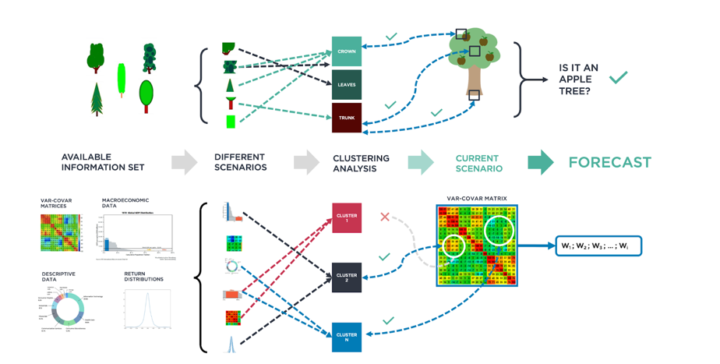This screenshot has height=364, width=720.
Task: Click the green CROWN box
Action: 347,51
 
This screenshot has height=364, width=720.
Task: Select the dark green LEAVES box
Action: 347,85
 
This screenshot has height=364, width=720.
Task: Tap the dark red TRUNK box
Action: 347,118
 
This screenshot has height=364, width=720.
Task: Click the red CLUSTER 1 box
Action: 347,218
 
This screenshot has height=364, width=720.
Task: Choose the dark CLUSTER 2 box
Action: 347,277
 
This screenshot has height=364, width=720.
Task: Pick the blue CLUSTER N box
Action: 347,337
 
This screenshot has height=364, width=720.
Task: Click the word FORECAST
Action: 609,163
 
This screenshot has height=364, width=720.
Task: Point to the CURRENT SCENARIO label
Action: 478,164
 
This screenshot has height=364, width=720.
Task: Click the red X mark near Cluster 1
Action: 384,217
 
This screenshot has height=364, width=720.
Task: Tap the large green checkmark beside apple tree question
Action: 619,77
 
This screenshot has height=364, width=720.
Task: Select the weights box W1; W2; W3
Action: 598,246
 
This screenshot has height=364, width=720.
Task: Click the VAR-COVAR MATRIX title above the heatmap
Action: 477,199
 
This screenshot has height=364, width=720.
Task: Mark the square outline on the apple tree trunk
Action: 474,96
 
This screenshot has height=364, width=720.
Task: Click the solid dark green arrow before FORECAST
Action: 540,163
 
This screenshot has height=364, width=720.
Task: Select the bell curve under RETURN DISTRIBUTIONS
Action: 146,309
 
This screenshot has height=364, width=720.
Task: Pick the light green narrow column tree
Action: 122,80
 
